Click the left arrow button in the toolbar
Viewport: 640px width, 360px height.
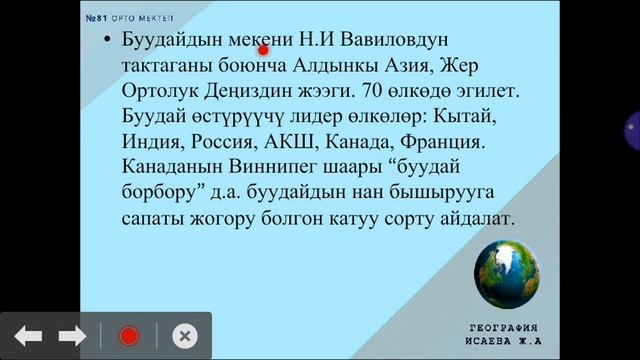28,336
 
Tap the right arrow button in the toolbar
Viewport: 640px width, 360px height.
72,336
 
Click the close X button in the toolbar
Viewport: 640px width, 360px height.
184,336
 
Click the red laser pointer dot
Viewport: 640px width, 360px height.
264,50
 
